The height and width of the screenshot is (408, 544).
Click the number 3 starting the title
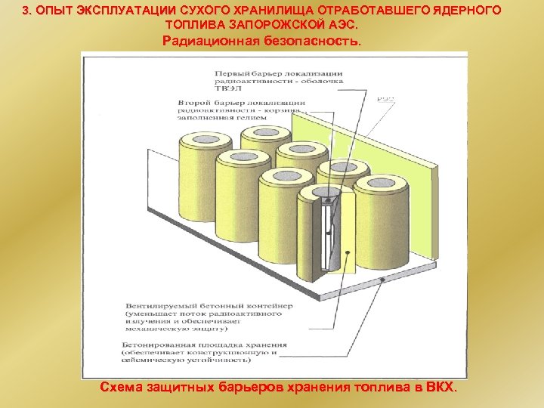tap(26, 11)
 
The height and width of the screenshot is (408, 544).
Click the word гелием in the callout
tap(256, 118)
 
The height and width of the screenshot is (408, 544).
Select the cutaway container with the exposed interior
tap(321, 242)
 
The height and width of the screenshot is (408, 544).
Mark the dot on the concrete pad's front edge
tap(383, 280)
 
